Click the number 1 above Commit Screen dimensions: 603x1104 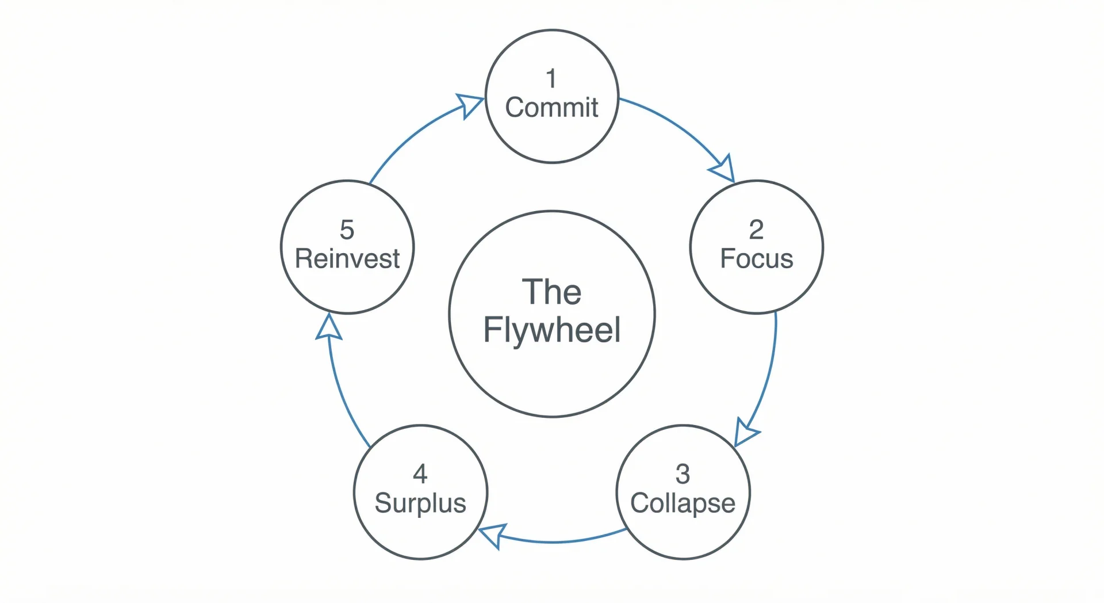(551, 79)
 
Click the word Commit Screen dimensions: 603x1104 (551, 108)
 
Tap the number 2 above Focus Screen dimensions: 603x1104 (756, 230)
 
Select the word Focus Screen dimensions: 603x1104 (756, 258)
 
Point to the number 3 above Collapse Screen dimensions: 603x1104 (683, 474)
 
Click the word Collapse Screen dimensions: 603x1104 (683, 503)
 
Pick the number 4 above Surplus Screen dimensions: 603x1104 (420, 474)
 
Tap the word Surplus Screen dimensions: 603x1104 (420, 503)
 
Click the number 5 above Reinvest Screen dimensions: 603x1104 (347, 230)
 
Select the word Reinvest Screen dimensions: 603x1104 (347, 258)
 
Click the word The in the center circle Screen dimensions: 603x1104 (551, 292)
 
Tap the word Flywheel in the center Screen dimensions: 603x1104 (551, 330)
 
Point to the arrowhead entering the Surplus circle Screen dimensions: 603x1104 (493, 535)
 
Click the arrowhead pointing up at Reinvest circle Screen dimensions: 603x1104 (329, 328)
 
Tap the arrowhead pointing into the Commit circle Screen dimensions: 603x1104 (470, 105)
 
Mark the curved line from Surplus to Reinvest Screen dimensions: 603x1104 (342, 397)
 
